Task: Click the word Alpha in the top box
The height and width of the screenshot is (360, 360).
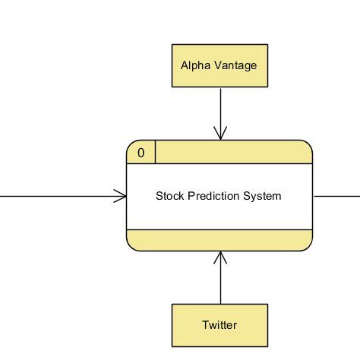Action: coord(194,65)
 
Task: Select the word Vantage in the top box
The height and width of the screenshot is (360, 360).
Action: coord(235,65)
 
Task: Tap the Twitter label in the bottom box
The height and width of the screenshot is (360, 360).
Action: coord(219,325)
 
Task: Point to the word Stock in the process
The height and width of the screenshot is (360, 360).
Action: coord(169,196)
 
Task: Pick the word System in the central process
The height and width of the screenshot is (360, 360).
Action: coord(262,196)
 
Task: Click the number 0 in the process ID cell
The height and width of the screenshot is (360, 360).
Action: coord(141,153)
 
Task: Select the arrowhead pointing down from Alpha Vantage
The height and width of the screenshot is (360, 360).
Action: coord(219,133)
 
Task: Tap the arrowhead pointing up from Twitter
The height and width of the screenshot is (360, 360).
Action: coord(219,258)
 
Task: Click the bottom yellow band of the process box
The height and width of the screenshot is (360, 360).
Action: coord(219,240)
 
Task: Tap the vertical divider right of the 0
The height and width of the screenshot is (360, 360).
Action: coord(155,153)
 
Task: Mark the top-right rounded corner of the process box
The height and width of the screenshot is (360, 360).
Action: coord(308,145)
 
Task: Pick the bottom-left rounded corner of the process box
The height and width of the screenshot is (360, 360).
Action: coord(131,247)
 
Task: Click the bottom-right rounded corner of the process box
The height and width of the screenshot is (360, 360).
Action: coord(308,247)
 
